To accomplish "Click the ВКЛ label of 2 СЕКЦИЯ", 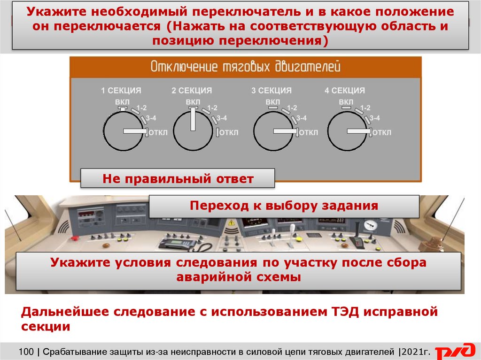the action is click(193, 101).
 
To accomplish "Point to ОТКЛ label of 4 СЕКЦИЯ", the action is click(382, 132).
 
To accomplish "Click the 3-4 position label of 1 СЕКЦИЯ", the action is click(154, 118).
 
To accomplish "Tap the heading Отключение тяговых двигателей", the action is click(245, 67).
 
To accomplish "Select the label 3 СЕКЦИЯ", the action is click(271, 91).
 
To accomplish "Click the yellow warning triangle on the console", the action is click(231, 223).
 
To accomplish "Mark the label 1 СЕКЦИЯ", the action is click(121, 91).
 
